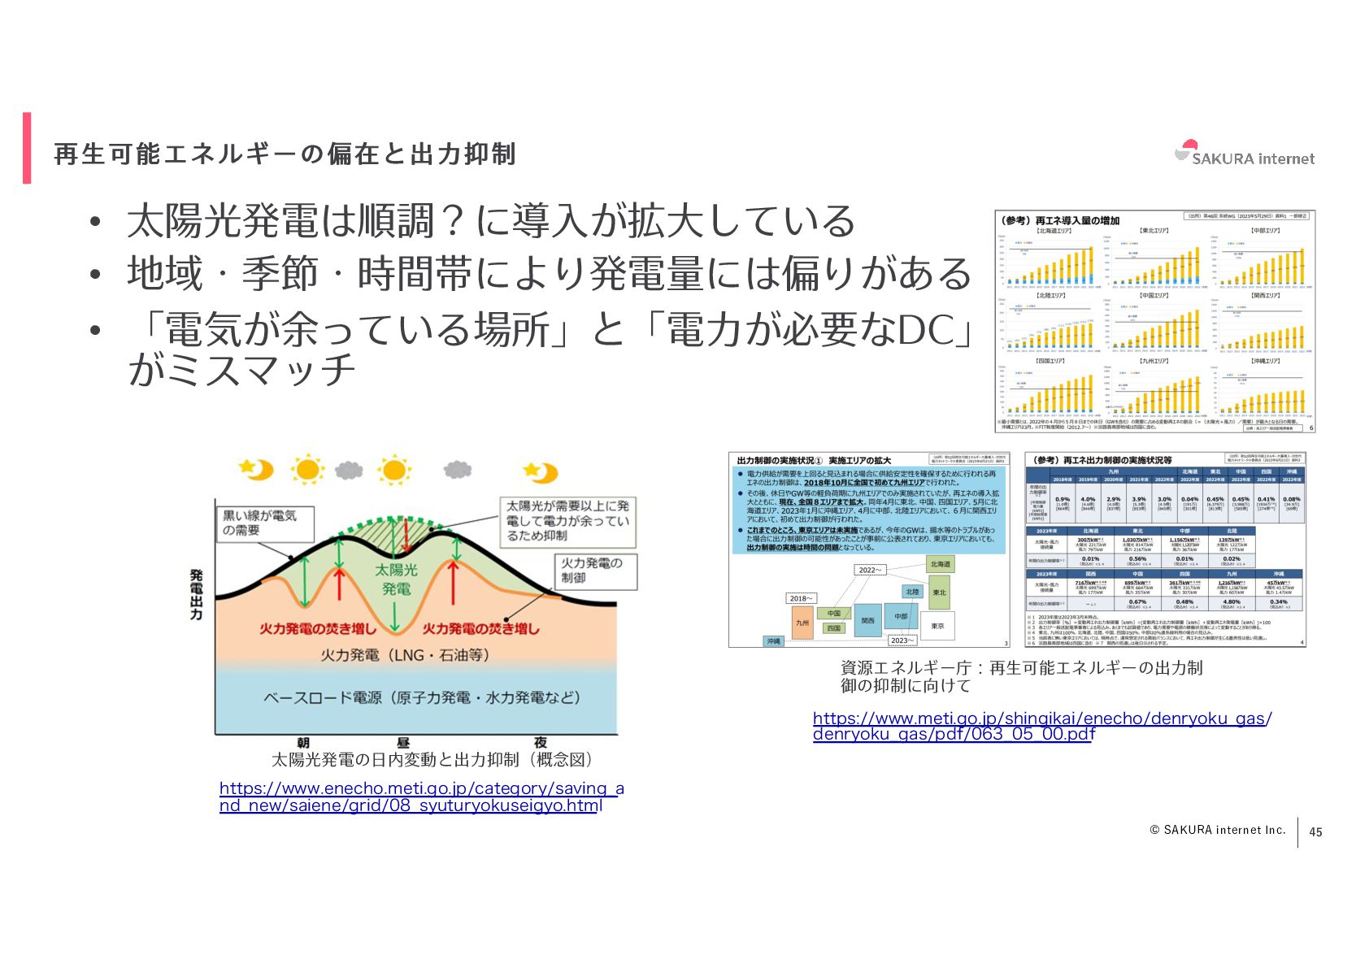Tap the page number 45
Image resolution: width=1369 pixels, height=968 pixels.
[1315, 831]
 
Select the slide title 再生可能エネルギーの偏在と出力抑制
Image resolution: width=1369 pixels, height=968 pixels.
[285, 154]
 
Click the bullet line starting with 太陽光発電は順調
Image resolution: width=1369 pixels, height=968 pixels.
[490, 220]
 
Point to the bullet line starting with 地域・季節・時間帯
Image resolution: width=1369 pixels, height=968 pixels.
[549, 273]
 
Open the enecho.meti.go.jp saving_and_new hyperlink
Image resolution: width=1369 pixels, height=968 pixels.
[421, 797]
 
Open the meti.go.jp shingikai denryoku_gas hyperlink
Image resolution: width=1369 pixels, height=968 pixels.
[1041, 726]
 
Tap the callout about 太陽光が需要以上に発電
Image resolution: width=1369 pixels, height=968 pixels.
[567, 520]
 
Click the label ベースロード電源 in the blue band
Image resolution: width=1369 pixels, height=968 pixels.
[422, 697]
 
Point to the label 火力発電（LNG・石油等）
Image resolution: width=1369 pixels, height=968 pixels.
[405, 654]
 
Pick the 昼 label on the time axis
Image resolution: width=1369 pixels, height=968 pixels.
[403, 742]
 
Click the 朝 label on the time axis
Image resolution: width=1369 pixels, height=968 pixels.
[303, 742]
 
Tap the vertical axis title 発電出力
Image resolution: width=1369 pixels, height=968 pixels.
[196, 594]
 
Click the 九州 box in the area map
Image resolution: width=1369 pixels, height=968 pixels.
[802, 623]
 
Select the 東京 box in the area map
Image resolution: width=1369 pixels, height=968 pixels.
[937, 625]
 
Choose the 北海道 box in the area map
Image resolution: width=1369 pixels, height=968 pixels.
[940, 564]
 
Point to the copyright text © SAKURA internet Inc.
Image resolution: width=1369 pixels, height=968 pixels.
[1217, 830]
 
